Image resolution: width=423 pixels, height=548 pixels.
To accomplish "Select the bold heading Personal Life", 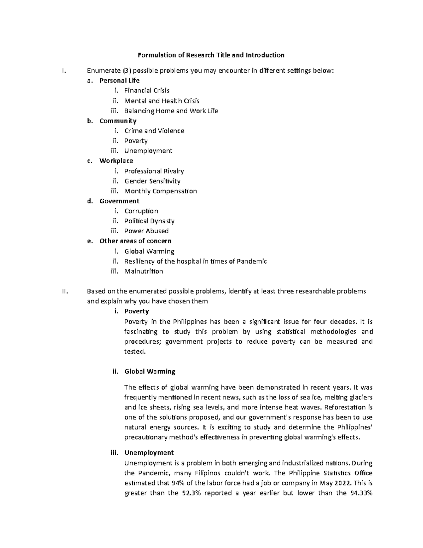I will [119, 80].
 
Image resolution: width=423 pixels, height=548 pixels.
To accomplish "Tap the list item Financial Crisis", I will [147, 90].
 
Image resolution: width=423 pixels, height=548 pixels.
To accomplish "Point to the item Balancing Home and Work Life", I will [171, 111].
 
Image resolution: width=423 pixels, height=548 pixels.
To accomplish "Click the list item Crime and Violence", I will [154, 131].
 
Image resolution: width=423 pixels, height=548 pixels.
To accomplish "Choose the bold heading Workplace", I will [116, 161].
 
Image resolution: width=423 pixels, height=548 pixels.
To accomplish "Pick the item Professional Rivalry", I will [154, 171].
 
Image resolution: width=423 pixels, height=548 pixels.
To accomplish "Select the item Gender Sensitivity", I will [152, 181].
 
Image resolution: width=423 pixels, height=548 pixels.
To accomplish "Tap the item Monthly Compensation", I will [160, 191].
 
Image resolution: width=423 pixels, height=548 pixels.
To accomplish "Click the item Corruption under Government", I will [141, 211].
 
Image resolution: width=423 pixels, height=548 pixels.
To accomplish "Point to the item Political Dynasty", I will [149, 221].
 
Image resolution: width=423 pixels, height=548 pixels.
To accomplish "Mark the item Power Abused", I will [146, 231].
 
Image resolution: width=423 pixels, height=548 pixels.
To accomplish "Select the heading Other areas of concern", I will [135, 241].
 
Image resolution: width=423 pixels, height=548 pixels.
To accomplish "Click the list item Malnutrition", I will [143, 271].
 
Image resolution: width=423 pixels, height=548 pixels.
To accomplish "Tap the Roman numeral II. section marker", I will [64, 291].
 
